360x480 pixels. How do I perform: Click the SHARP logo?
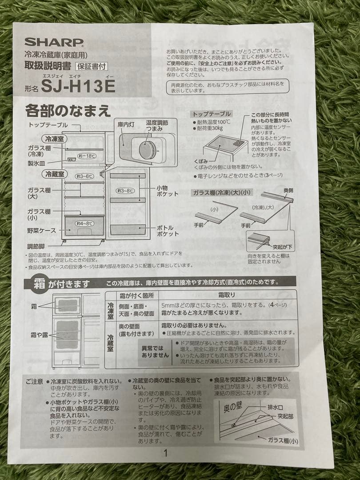coord(54,42)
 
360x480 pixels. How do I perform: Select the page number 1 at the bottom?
coord(165,453)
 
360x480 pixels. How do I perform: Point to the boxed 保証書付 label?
coord(91,67)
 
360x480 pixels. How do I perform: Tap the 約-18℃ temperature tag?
coord(87,156)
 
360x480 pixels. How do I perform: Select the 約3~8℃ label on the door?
coord(126,191)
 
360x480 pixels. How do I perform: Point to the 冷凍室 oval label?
coord(55,139)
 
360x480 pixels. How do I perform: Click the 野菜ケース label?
coord(41,231)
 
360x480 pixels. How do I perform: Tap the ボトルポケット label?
coord(168,231)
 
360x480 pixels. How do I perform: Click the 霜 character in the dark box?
coord(38,283)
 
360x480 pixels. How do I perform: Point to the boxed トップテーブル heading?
coord(211,114)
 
